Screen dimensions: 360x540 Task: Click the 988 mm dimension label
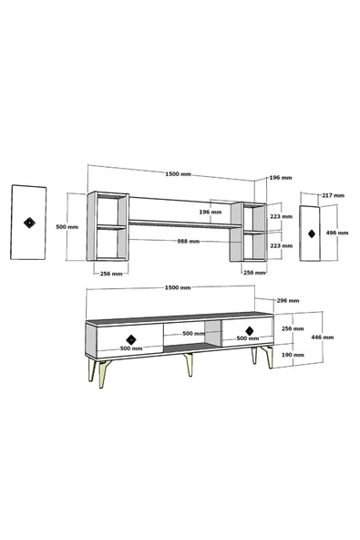click(189, 241)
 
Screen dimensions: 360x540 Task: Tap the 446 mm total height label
click(322, 337)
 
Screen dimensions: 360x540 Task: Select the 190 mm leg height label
click(293, 354)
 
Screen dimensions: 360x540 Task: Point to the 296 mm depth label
click(288, 300)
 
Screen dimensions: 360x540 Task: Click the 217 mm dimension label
click(333, 195)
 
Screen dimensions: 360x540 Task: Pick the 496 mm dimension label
click(337, 233)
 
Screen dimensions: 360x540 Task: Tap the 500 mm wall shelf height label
click(67, 227)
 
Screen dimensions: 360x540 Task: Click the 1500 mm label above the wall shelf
click(179, 174)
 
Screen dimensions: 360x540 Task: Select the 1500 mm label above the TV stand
click(178, 287)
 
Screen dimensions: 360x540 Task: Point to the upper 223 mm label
click(282, 216)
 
